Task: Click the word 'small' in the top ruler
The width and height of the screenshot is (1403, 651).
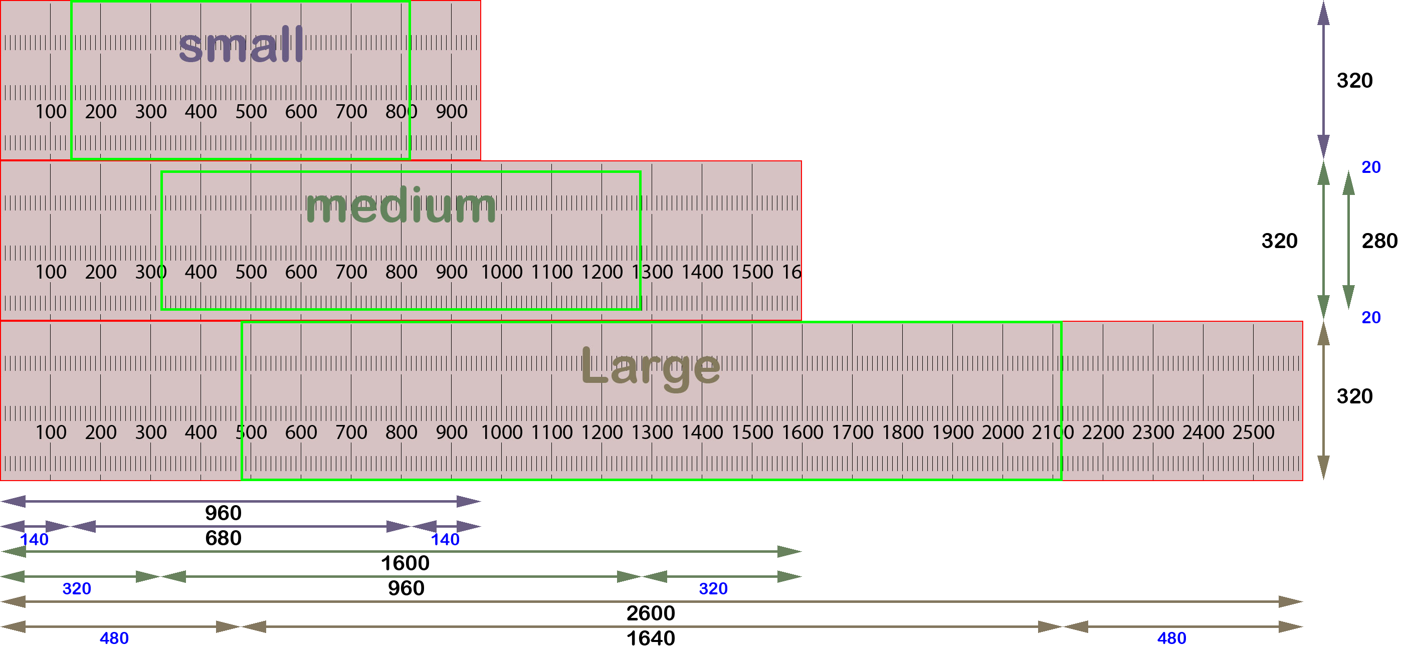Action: click(x=241, y=46)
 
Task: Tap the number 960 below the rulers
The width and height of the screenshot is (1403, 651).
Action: click(x=223, y=513)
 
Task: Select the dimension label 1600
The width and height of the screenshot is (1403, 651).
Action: click(x=405, y=563)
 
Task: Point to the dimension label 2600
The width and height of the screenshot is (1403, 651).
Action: click(x=650, y=613)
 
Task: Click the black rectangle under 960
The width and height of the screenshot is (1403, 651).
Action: click(x=223, y=538)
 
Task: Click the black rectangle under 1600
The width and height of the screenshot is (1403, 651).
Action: click(x=406, y=588)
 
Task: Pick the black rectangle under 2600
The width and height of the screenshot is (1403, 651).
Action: click(x=650, y=638)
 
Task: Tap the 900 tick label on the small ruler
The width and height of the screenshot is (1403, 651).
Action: click(x=452, y=112)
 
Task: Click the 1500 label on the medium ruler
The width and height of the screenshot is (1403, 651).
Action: click(x=752, y=272)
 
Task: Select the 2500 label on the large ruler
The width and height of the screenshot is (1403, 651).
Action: click(x=1253, y=432)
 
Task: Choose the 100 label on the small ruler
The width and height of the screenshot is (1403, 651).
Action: click(x=51, y=112)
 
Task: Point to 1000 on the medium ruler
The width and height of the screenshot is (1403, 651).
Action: click(x=502, y=272)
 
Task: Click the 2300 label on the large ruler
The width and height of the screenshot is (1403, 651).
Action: click(x=1153, y=432)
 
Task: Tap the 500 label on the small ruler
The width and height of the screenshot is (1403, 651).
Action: click(x=251, y=112)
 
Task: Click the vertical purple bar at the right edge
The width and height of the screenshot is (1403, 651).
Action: click(x=1323, y=80)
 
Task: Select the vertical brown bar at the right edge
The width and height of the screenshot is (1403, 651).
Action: click(x=1323, y=400)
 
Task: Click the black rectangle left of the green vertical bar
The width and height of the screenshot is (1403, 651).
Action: click(x=1279, y=240)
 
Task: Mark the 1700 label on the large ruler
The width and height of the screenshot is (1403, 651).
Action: click(x=852, y=432)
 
